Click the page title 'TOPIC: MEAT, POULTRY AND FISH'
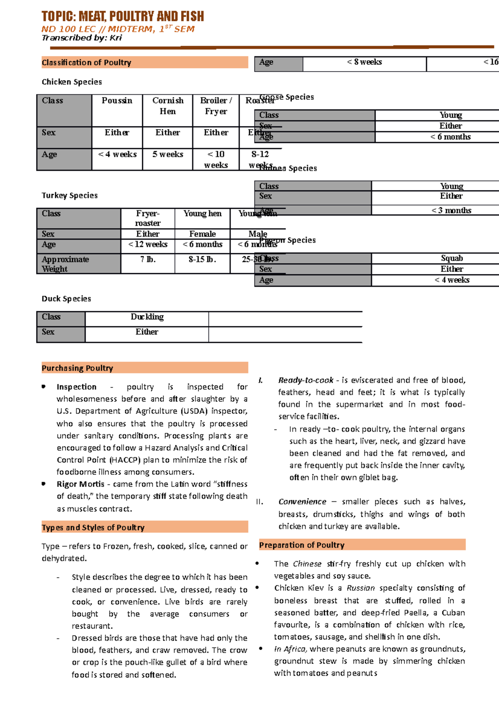(x=123, y=17)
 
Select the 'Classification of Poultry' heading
(x=86, y=63)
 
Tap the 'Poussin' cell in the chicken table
(x=117, y=101)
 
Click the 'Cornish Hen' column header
(x=168, y=106)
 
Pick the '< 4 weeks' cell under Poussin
(x=117, y=154)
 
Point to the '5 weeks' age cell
(x=168, y=154)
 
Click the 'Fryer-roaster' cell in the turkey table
(x=148, y=218)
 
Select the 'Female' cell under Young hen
(x=203, y=234)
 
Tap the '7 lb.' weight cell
(x=148, y=259)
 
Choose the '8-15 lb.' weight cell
(x=203, y=259)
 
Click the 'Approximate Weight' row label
(x=65, y=264)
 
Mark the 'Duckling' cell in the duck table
(x=147, y=317)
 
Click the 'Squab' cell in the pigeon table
(x=452, y=258)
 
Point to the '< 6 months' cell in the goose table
(x=451, y=137)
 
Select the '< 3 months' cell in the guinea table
(x=451, y=210)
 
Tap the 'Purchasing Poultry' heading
(x=77, y=368)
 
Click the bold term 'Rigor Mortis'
(x=81, y=484)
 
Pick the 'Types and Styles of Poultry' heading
(x=93, y=528)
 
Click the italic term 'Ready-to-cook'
(x=306, y=380)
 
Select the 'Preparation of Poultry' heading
(x=302, y=545)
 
